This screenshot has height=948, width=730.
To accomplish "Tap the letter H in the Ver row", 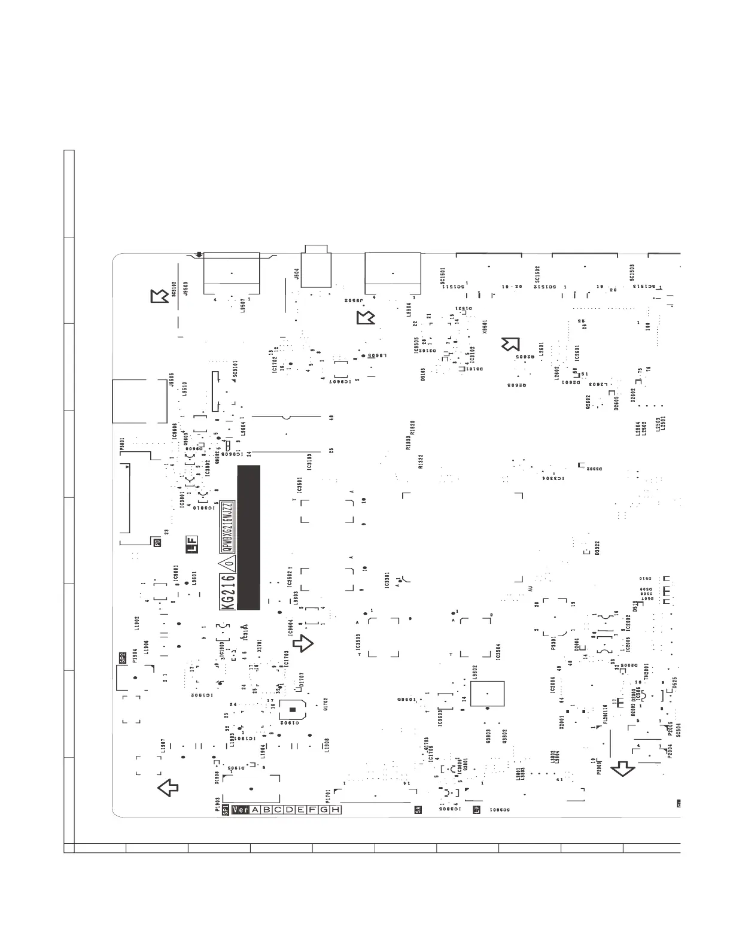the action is [336, 810].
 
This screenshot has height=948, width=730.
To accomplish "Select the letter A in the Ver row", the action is [255, 810].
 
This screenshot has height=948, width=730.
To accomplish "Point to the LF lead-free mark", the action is [192, 546].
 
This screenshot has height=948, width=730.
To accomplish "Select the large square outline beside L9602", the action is [487, 694].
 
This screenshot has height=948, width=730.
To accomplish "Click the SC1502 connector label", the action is [537, 275].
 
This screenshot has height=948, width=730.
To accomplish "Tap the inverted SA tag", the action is [418, 810].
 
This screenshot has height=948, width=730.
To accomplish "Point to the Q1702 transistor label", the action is [326, 704].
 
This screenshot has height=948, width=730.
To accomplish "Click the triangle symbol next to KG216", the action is [227, 563].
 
